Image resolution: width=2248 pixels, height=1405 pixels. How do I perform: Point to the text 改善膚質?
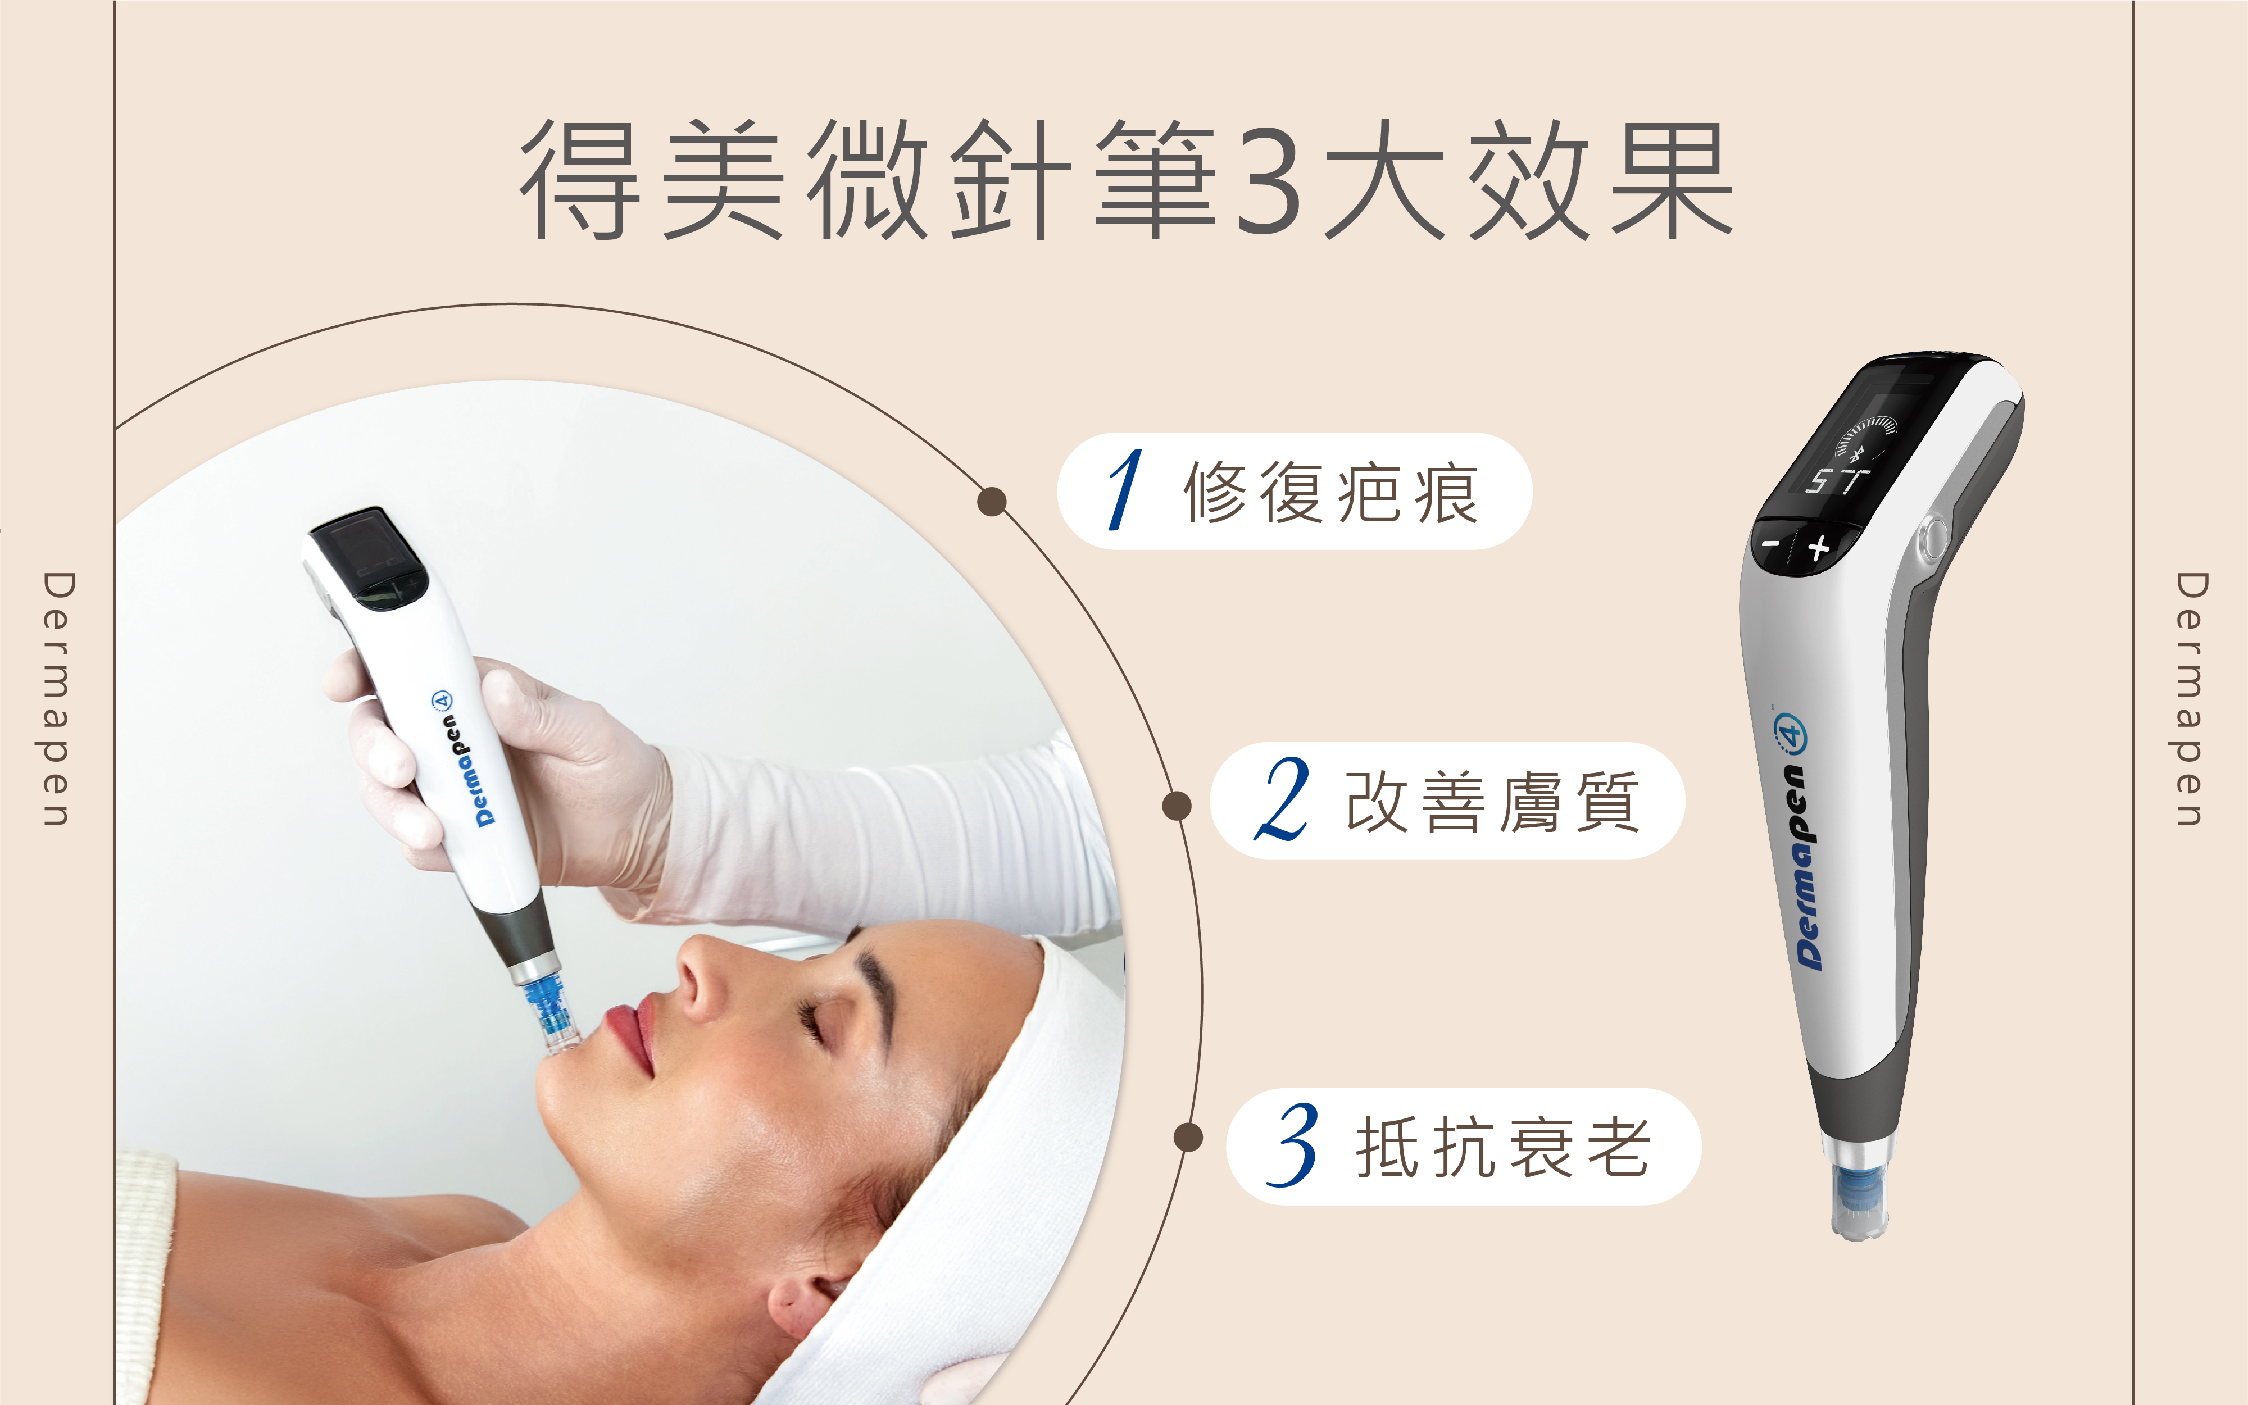pos(1492,801)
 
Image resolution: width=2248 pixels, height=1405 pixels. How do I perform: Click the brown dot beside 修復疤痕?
pos(992,502)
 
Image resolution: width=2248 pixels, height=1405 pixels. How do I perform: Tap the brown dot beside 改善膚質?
pos(1177,806)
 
